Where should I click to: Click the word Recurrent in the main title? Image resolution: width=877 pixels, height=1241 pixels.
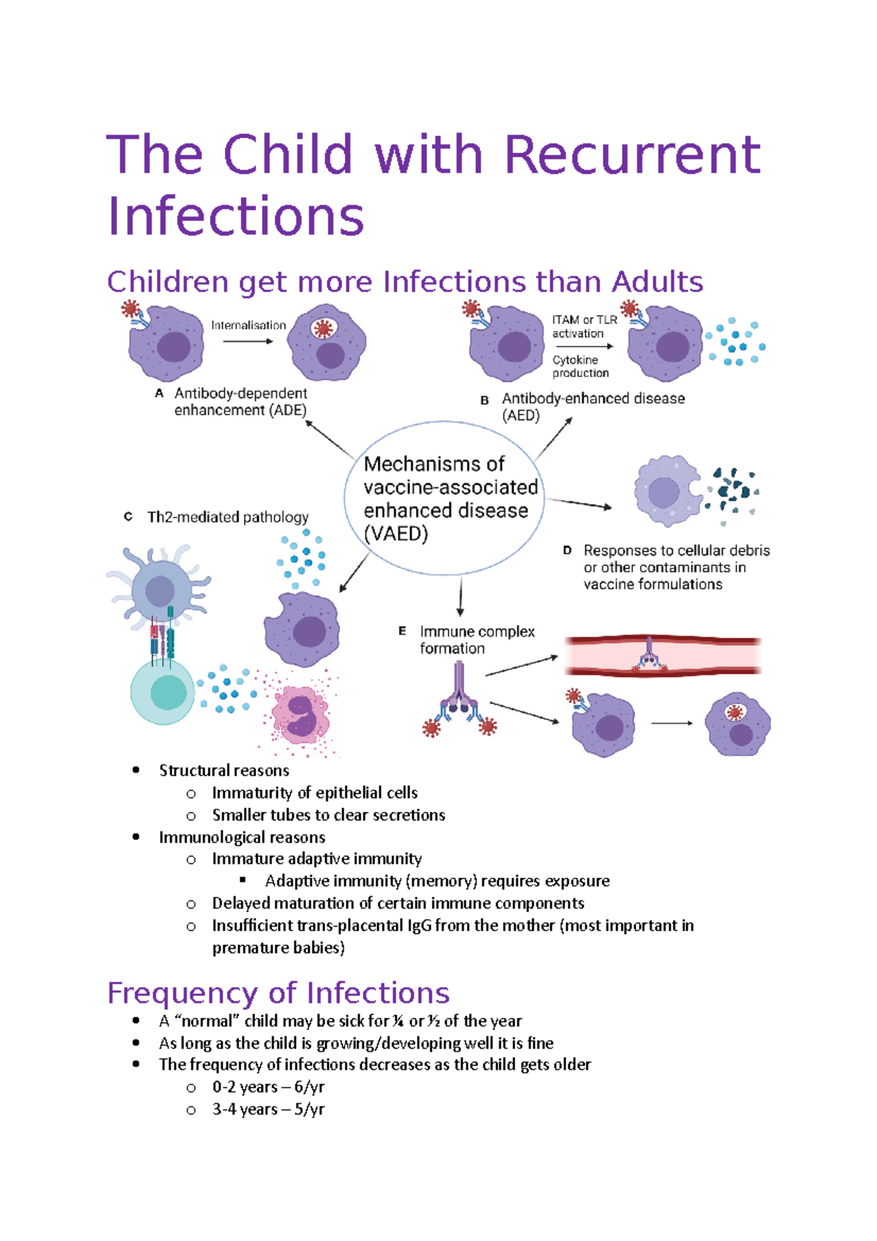tap(631, 155)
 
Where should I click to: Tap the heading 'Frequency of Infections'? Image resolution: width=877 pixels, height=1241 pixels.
tap(278, 993)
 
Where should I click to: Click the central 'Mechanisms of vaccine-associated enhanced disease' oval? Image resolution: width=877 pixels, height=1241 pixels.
tap(444, 498)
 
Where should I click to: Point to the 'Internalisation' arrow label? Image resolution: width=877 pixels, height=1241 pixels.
tap(248, 325)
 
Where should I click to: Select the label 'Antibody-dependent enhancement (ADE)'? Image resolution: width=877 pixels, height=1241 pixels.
tap(240, 402)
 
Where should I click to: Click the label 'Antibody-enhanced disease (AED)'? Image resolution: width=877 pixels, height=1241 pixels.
tap(593, 406)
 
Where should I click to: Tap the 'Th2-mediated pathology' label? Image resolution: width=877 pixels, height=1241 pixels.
tap(228, 517)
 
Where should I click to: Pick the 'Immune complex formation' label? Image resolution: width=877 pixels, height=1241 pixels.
tap(477, 640)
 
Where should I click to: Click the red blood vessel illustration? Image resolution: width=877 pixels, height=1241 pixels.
tap(662, 655)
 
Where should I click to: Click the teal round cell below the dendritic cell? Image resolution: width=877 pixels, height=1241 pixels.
tap(163, 691)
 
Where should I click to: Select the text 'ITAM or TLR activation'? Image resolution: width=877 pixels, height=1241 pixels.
tap(584, 327)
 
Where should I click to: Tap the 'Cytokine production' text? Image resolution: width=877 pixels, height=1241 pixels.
tap(580, 366)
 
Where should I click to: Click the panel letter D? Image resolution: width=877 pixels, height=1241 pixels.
tap(567, 550)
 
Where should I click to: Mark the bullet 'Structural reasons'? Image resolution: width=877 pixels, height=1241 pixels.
tap(224, 770)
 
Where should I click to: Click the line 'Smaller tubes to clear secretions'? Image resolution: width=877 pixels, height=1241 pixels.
tap(328, 815)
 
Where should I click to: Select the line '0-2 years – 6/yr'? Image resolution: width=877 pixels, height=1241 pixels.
tap(268, 1087)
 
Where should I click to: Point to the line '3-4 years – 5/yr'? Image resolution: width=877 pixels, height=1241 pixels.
tap(268, 1109)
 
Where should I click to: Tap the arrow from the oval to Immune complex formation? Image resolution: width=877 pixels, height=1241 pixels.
tap(460, 596)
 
